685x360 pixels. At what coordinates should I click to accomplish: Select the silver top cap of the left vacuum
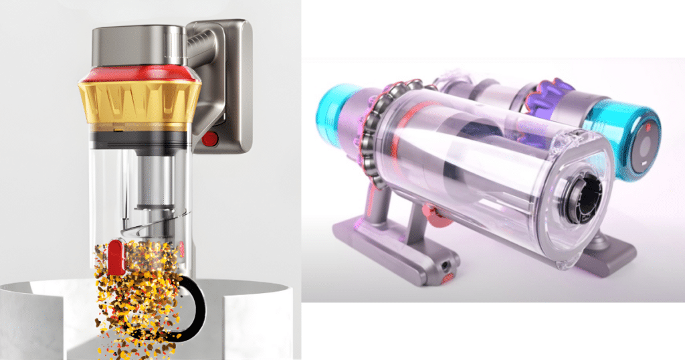coord(137,43)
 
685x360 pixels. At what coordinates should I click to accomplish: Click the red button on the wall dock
coord(209,139)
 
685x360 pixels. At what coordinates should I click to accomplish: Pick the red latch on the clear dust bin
coord(115,258)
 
